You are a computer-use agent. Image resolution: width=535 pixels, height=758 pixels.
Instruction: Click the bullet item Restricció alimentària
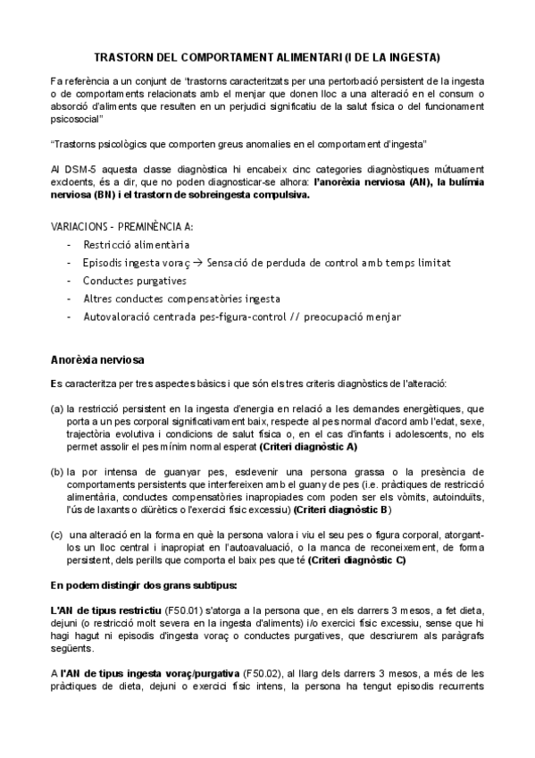click(136, 244)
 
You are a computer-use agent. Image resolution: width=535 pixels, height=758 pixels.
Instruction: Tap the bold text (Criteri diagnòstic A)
click(308, 445)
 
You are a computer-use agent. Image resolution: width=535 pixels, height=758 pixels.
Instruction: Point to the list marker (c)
click(56, 535)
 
